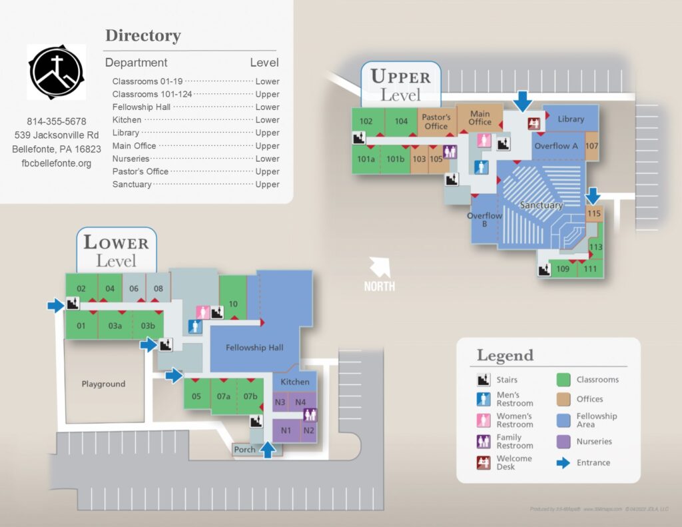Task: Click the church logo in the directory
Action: click(57, 72)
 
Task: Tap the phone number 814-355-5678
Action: click(57, 121)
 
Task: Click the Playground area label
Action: click(103, 384)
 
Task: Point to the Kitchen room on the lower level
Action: click(294, 382)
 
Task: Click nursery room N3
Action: click(280, 402)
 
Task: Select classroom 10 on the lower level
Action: click(233, 304)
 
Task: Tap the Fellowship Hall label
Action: click(254, 347)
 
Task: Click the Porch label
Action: click(244, 450)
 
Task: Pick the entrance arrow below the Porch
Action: click(268, 450)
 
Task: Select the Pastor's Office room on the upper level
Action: click(436, 121)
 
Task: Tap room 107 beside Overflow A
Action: click(592, 146)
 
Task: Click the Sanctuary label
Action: click(541, 205)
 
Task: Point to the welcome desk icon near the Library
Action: click(533, 123)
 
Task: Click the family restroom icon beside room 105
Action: click(450, 152)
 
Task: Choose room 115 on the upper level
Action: click(594, 213)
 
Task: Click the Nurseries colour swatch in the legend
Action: click(563, 441)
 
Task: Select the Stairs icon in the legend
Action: click(484, 380)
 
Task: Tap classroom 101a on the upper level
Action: click(366, 159)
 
